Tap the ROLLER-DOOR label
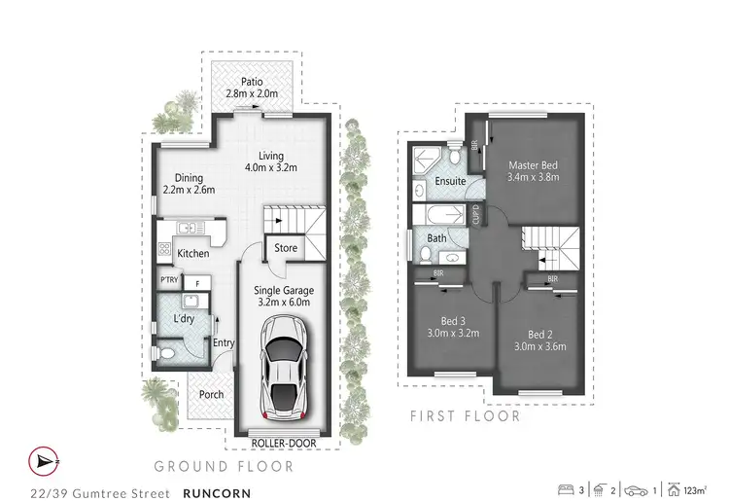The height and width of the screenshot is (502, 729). coord(282,444)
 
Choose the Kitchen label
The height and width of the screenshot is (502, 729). coord(192,254)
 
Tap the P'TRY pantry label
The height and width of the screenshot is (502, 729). coord(168,282)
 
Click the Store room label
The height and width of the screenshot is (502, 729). coord(286,248)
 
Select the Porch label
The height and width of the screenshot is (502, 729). coord(211,394)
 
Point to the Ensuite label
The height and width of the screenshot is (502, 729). coord(450,181)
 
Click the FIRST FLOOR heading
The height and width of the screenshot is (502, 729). coord(463,416)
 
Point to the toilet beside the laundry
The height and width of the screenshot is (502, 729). coord(167,353)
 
